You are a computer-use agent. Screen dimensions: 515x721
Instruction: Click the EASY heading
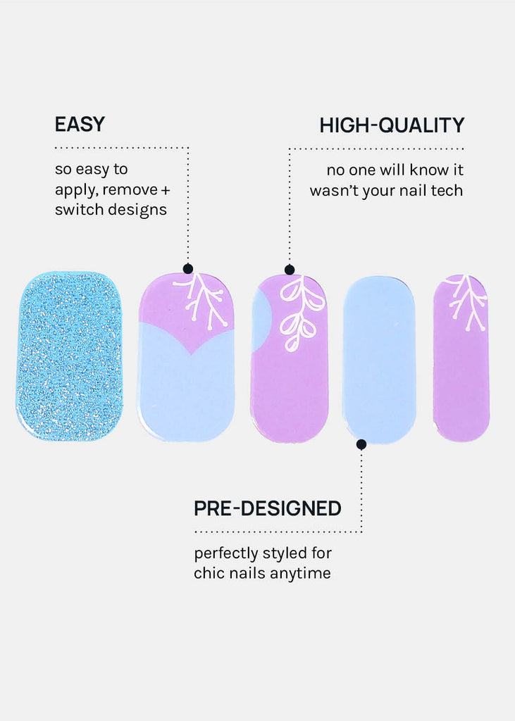click(80, 124)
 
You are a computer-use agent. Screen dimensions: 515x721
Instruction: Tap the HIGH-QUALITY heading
click(392, 125)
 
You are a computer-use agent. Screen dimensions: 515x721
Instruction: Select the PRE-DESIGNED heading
click(268, 508)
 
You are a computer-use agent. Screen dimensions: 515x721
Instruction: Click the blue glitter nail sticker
click(70, 356)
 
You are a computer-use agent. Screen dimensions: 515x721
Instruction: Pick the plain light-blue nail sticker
click(379, 359)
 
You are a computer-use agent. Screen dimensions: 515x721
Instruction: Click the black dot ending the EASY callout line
click(188, 268)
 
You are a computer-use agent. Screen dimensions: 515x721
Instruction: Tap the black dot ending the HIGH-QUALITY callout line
click(290, 270)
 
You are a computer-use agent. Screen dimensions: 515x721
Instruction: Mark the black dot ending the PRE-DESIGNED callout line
click(361, 444)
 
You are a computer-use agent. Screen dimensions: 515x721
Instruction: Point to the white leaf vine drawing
click(302, 313)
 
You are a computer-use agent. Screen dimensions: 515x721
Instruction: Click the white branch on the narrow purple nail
click(467, 301)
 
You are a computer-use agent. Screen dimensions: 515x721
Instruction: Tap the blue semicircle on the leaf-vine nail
click(261, 322)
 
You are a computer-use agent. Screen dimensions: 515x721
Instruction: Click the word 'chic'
click(205, 573)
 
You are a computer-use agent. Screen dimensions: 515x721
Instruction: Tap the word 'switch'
click(75, 210)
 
